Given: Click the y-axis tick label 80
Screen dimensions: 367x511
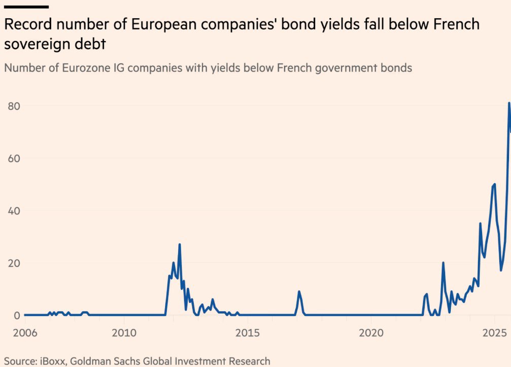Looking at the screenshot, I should point(13,106).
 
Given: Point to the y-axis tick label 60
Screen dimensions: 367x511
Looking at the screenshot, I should point(13,158).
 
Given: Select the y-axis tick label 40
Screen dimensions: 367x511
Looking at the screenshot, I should point(13,210).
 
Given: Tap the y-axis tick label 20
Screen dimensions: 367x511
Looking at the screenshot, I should point(13,263).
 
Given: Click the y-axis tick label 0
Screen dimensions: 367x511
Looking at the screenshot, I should point(16,315).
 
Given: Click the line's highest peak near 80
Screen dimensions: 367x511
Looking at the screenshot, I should point(509,104).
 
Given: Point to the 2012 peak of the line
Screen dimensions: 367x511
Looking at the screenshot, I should point(180,244).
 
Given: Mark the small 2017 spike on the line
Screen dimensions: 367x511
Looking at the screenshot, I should point(299,292).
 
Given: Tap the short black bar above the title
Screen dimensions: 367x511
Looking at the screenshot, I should point(26,7).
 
